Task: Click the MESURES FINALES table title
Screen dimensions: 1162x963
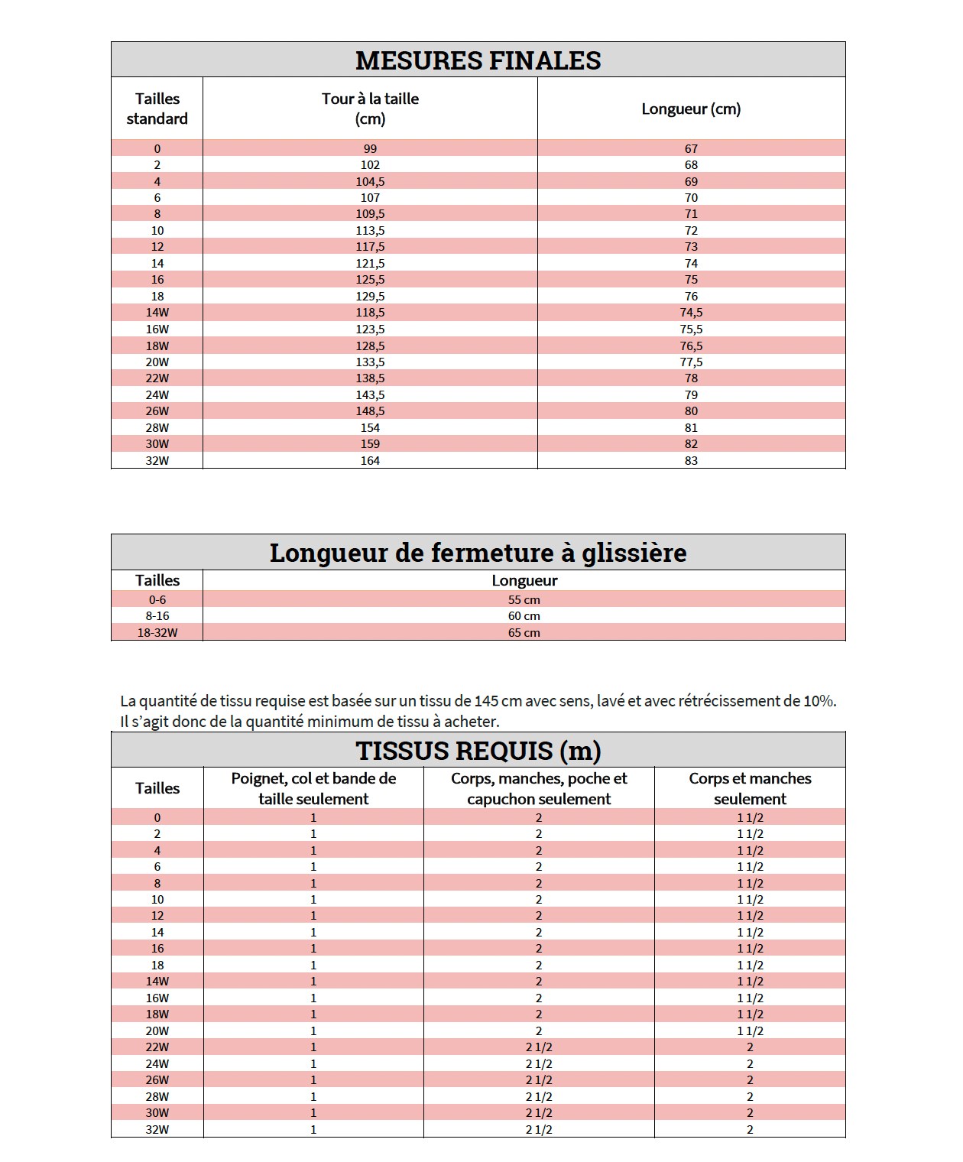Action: [x=478, y=60]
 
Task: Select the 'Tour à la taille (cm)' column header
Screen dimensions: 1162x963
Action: [x=370, y=109]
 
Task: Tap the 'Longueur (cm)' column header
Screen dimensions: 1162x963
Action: [x=691, y=109]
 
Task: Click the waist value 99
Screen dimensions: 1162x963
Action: [x=370, y=148]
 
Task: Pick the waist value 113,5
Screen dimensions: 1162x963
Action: [x=370, y=230]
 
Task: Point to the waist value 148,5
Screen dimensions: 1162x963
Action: [x=370, y=411]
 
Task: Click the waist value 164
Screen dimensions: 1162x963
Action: [x=370, y=460]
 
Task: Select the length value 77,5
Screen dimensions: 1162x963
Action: [x=691, y=362]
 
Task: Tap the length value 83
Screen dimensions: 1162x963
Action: [x=691, y=460]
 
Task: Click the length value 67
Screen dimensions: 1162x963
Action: [x=691, y=148]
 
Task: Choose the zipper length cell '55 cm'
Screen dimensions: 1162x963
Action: [x=524, y=599]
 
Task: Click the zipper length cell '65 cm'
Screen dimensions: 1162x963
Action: [x=524, y=632]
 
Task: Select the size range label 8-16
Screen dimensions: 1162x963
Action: [x=157, y=615]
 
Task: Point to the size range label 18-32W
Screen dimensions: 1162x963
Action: [x=157, y=632]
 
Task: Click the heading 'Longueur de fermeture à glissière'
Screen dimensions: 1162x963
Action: [x=478, y=552]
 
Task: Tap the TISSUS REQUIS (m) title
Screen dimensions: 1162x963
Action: [x=478, y=751]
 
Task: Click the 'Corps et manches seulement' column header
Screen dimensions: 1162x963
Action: [x=750, y=788]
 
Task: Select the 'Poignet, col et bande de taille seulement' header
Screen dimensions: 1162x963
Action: [x=313, y=788]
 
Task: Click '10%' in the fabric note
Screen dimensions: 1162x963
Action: [x=819, y=701]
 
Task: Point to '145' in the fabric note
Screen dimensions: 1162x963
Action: [x=486, y=701]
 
